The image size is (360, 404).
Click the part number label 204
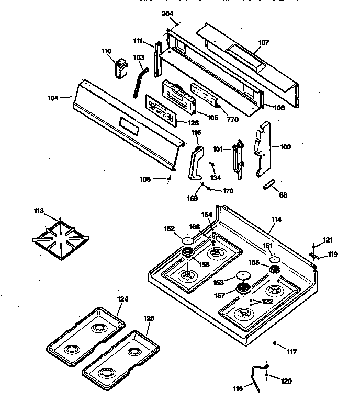(167, 14)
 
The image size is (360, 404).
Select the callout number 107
(263, 43)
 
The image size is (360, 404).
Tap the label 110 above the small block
(106, 51)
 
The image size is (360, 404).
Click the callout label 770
(233, 120)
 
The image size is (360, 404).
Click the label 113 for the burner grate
(38, 212)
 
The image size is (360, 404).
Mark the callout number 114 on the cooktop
(276, 220)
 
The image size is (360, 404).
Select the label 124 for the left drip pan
(122, 299)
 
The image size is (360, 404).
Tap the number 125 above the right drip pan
(149, 318)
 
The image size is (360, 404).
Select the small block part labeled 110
(122, 68)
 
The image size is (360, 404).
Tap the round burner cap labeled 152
(187, 240)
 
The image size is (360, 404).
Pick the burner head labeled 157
(243, 287)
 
